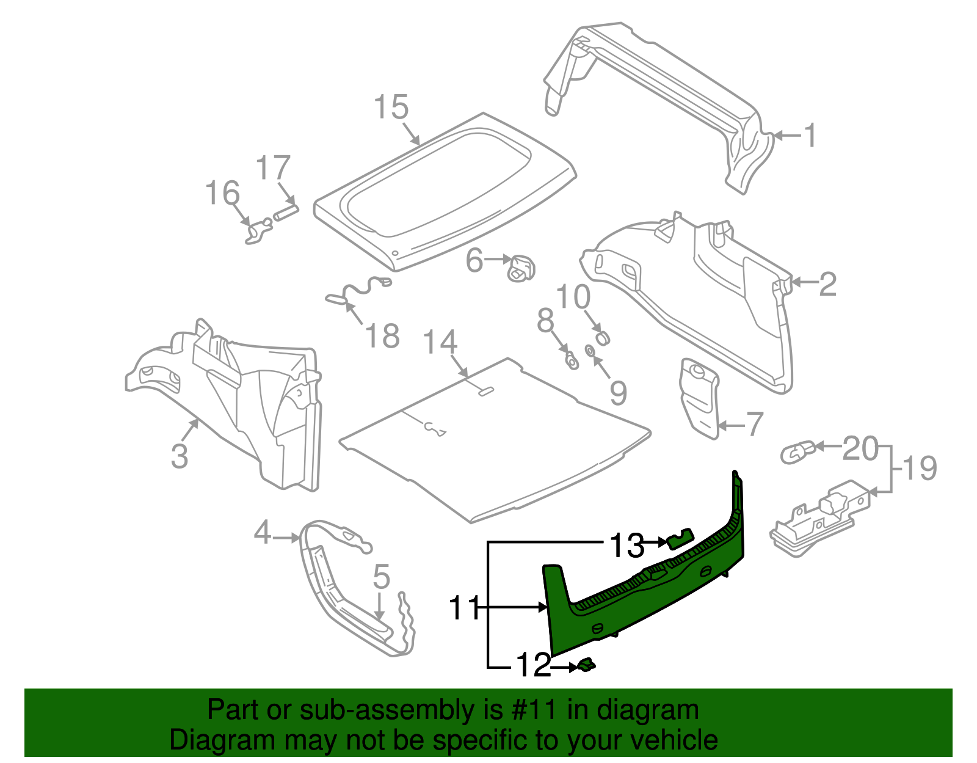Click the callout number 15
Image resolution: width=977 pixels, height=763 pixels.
(391, 108)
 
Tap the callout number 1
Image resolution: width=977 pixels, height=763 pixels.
(810, 136)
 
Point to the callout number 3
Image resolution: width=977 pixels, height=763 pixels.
(179, 456)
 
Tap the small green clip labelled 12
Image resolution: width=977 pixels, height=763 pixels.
(586, 665)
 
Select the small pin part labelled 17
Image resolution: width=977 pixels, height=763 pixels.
(285, 213)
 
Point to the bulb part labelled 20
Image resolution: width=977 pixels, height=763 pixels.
(797, 452)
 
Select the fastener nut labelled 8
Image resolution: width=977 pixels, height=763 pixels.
(572, 360)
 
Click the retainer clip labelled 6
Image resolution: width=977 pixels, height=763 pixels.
(521, 268)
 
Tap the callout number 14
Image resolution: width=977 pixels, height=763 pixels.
(440, 342)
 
